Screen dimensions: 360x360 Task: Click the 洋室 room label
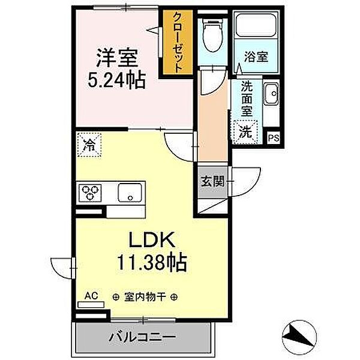click(x=118, y=58)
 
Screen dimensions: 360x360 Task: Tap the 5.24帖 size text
click(x=118, y=80)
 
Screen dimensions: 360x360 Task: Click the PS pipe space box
click(x=273, y=137)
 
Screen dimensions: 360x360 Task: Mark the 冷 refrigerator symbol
click(x=89, y=145)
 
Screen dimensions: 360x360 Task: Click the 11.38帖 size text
click(x=151, y=263)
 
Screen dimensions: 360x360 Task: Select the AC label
click(x=91, y=296)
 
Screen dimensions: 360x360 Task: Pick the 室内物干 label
click(x=144, y=296)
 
